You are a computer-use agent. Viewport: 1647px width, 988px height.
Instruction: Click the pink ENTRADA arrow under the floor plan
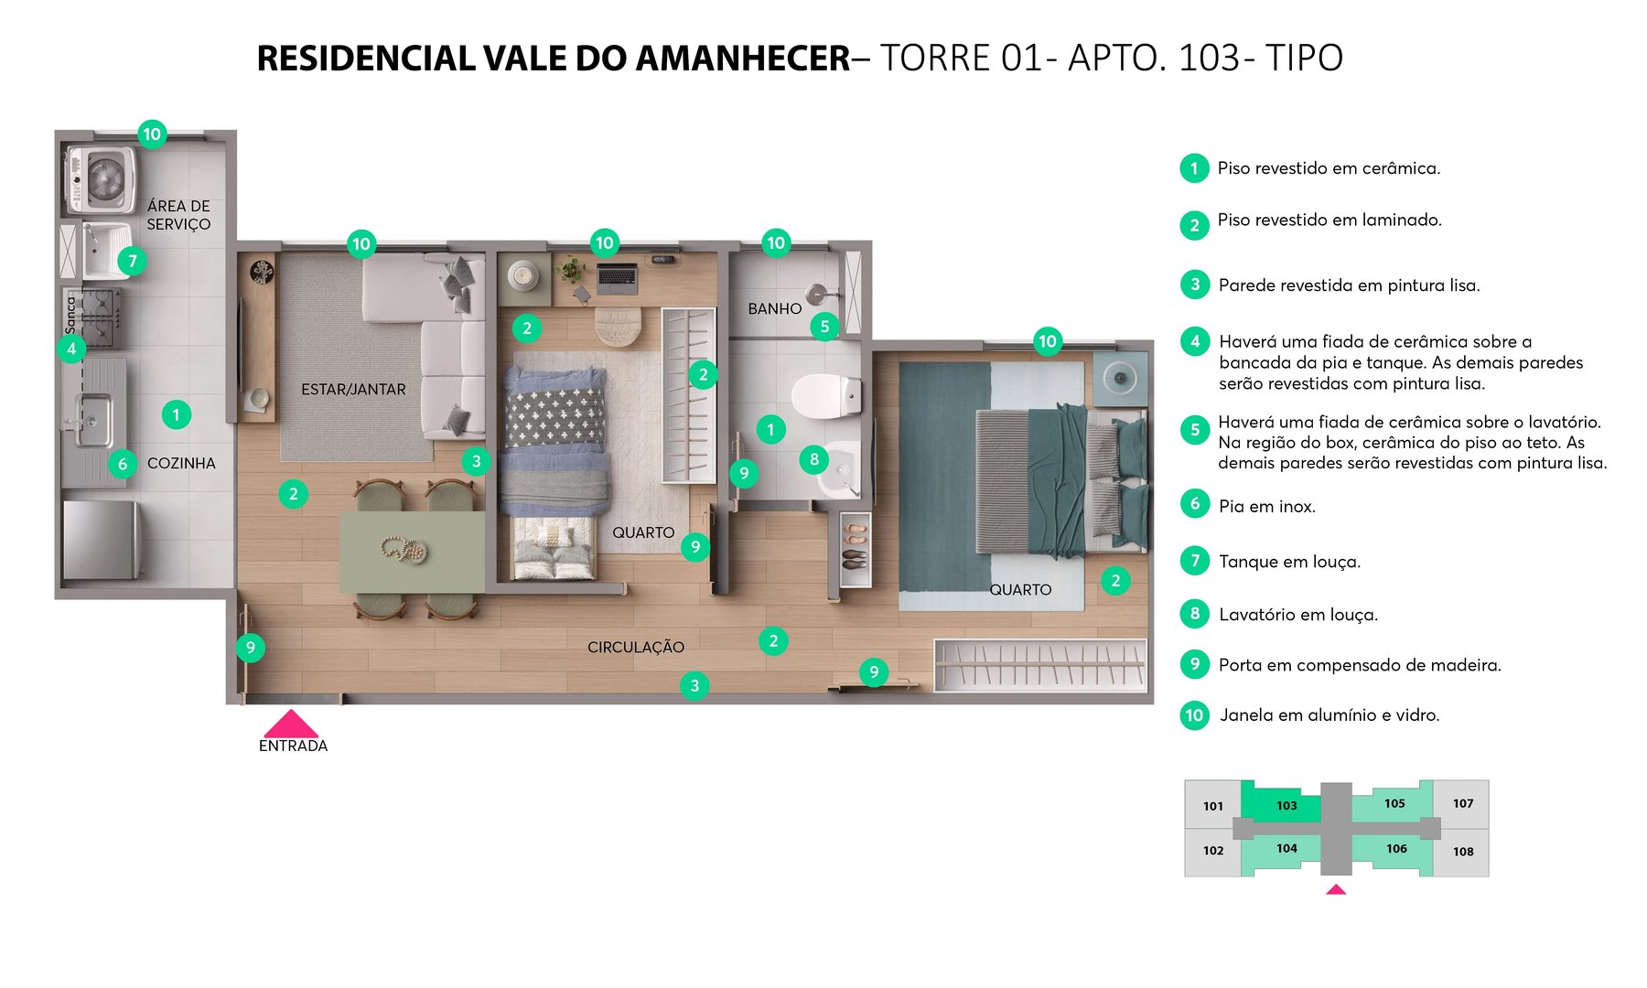(x=291, y=725)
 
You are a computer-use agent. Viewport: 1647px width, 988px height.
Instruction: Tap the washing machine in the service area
(x=102, y=178)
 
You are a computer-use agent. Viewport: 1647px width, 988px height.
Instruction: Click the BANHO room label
(x=774, y=309)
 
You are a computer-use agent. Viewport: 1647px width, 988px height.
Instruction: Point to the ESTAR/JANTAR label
(x=353, y=390)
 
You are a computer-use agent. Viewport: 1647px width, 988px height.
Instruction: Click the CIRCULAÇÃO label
(x=635, y=648)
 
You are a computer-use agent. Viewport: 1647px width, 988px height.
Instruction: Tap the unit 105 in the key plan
(x=1394, y=804)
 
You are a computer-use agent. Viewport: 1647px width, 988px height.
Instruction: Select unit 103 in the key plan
(x=1286, y=806)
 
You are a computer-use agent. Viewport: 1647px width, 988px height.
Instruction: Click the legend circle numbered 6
(x=1194, y=504)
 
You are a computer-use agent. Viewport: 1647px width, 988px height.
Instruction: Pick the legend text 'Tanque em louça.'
(x=1289, y=562)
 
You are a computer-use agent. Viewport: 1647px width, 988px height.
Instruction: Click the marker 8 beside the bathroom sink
(x=813, y=459)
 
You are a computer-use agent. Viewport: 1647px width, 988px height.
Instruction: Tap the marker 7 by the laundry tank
(x=133, y=262)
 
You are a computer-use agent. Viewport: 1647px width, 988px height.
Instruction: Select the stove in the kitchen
(x=92, y=318)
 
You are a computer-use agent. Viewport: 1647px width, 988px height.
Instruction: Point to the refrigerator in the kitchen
(x=101, y=540)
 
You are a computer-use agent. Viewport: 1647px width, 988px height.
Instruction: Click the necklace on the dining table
(x=404, y=550)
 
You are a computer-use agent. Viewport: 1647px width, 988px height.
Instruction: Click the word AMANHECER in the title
(x=742, y=59)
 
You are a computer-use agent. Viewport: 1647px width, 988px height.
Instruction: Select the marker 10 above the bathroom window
(x=776, y=242)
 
